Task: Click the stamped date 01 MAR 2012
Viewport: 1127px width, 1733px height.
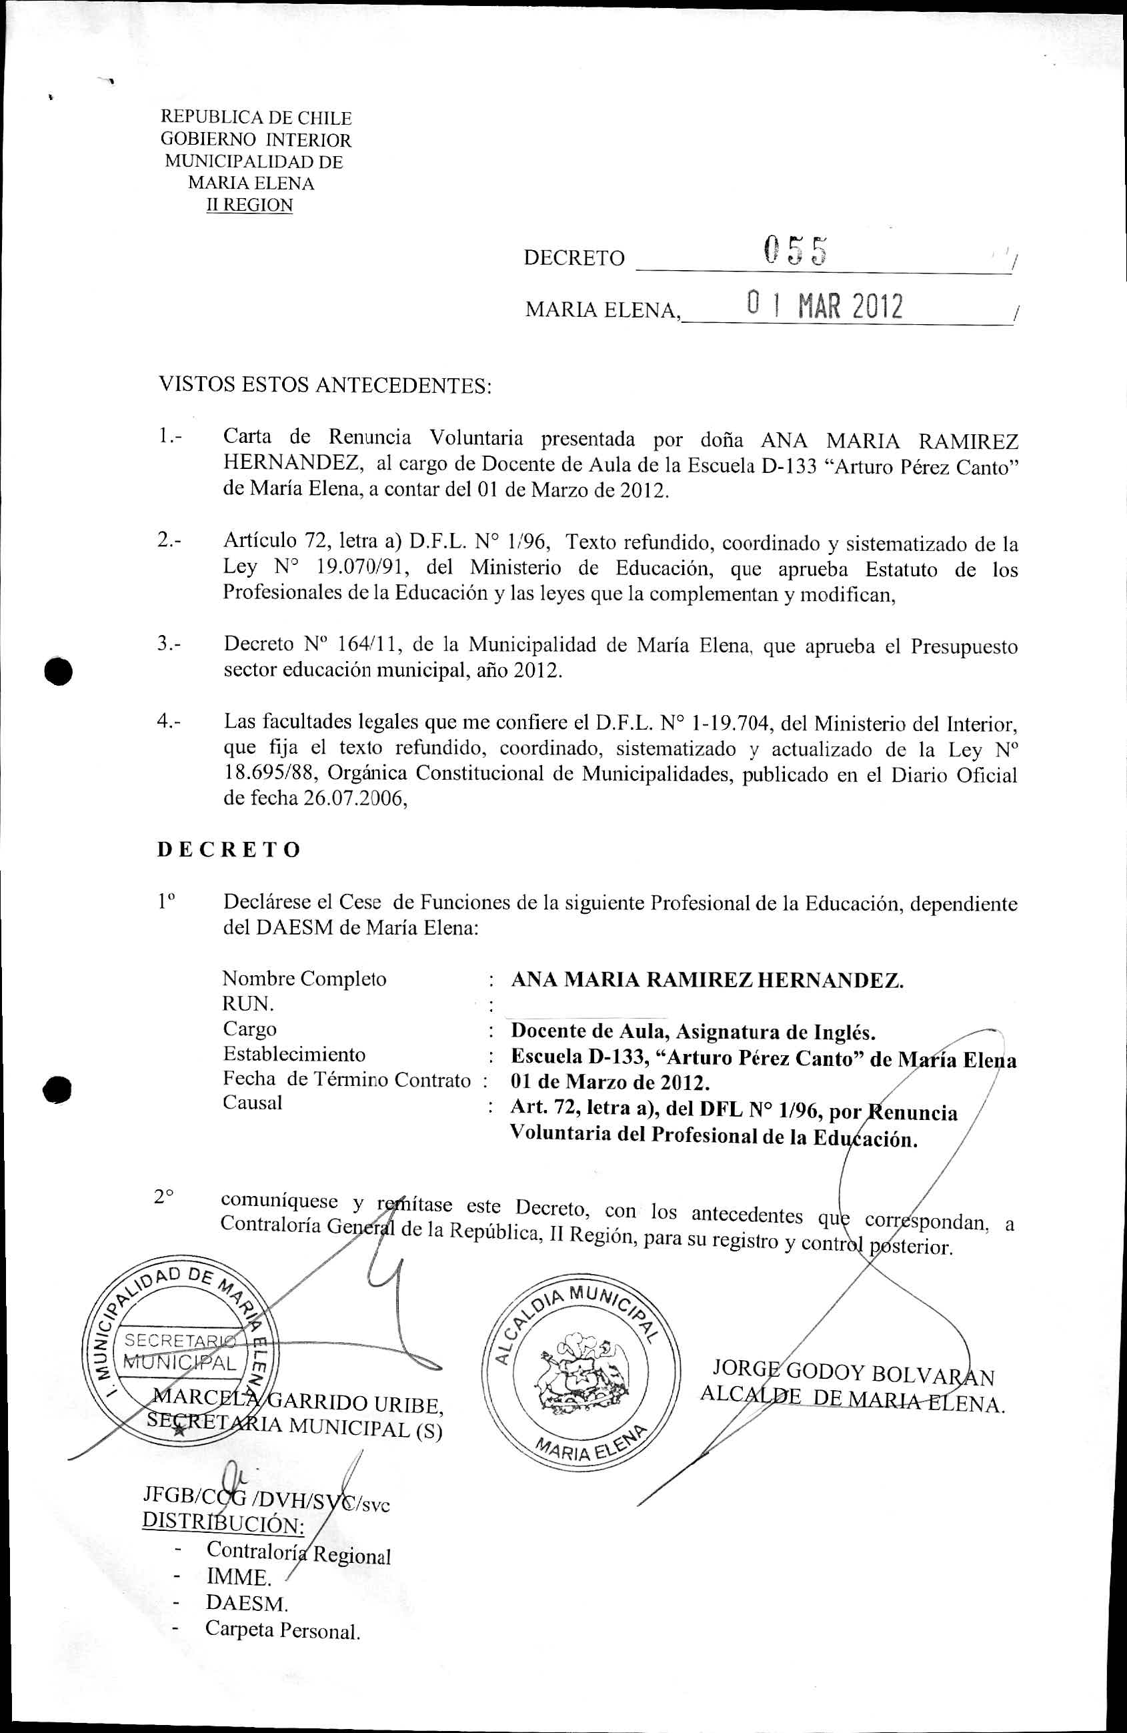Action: coord(825,307)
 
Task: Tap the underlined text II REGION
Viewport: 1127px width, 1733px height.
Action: coord(249,205)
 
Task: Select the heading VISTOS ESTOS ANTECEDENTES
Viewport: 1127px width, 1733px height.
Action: coord(325,385)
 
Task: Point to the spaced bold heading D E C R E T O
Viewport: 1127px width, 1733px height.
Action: coord(229,850)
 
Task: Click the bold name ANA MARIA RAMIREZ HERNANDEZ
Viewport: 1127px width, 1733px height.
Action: coord(707,980)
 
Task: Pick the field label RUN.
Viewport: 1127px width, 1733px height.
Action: coord(248,1004)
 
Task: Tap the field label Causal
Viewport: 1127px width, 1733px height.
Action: coord(253,1103)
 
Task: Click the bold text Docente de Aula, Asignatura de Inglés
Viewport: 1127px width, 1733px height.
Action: coord(693,1032)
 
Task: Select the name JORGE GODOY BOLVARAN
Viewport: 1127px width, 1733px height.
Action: coord(854,1373)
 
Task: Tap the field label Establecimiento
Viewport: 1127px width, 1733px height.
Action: coord(294,1055)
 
